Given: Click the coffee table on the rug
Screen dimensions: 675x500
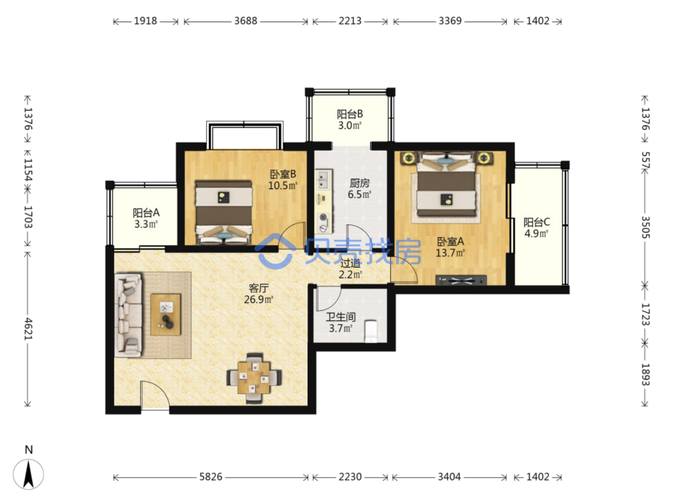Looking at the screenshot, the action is tap(166, 314).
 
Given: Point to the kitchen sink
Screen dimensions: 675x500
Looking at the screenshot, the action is tap(323, 180).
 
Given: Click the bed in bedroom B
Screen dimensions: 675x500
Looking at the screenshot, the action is tap(224, 212).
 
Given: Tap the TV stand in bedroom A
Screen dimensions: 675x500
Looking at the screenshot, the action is tap(461, 280).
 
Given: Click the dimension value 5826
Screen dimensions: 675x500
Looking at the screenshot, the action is tap(210, 477).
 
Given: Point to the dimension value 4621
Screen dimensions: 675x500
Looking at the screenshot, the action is tap(28, 329).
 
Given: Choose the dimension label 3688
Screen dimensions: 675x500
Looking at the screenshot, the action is tap(246, 21).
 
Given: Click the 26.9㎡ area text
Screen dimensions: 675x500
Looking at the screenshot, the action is tap(258, 300).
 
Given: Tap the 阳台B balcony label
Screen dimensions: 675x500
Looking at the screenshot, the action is tap(350, 114).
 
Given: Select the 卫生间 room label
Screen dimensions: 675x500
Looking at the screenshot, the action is tap(341, 317).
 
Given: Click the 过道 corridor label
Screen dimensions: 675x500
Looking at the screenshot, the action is tap(350, 263).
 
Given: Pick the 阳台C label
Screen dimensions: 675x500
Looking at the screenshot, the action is tap(536, 222).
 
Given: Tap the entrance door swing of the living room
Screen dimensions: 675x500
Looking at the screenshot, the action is tap(155, 395).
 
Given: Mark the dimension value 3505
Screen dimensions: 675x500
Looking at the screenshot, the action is tap(645, 227).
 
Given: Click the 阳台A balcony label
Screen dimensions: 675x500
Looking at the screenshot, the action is tap(146, 212).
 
